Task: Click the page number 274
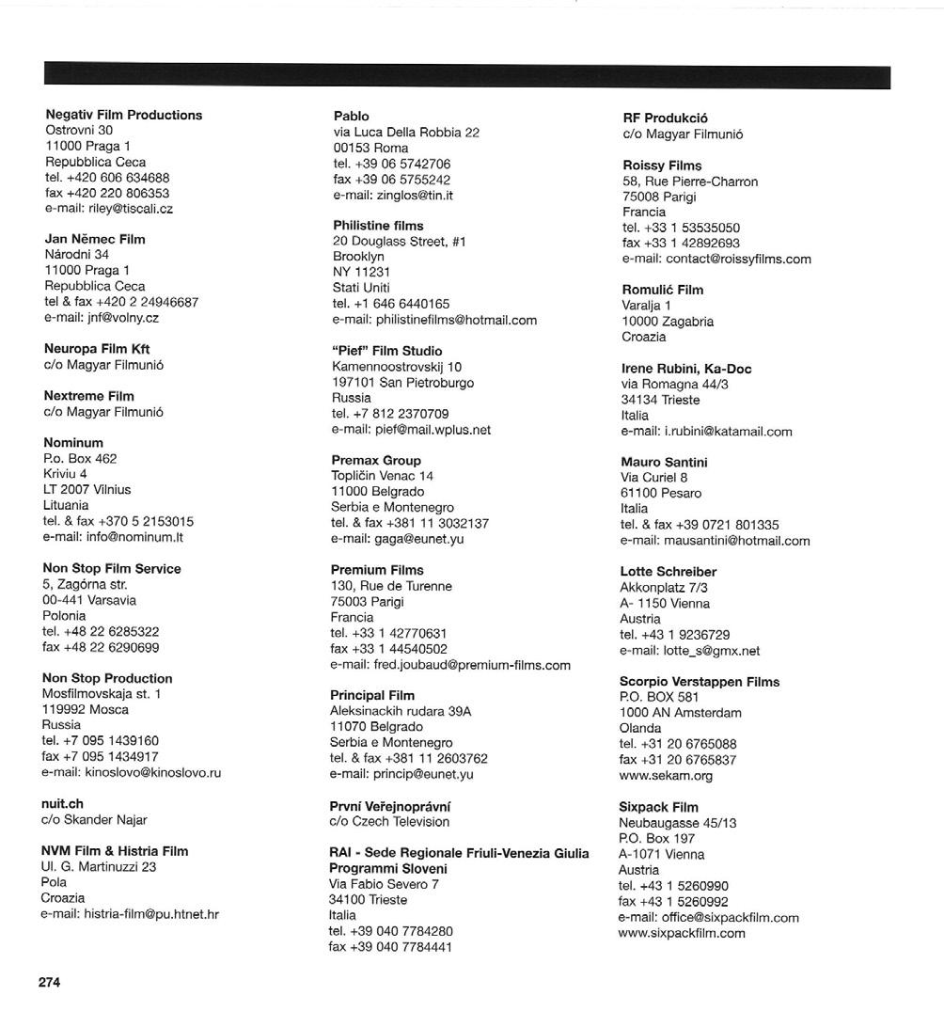[49, 982]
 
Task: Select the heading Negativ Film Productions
[123, 115]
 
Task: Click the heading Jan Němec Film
[95, 239]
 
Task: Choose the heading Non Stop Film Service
[112, 568]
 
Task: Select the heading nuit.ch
[62, 804]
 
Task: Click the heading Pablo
[352, 116]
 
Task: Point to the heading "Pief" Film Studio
[387, 351]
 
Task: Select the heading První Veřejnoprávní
[390, 806]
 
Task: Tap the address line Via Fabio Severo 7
[384, 884]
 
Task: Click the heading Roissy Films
[662, 166]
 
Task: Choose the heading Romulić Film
[662, 290]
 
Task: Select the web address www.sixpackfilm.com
[682, 933]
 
